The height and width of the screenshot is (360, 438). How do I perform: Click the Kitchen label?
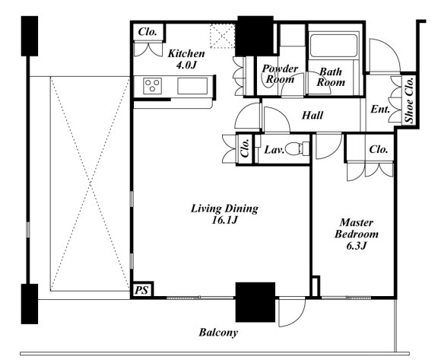point(186,53)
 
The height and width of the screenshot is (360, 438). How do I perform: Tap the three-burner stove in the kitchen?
point(152,86)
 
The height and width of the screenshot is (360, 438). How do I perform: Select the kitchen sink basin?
point(192,86)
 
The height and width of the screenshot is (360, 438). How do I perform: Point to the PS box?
point(141,290)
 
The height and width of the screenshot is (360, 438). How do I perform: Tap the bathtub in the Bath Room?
point(334,45)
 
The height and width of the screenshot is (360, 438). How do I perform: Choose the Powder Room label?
point(280,74)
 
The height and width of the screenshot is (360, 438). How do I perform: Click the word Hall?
point(313,115)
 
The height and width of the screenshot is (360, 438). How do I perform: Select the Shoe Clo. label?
point(410,100)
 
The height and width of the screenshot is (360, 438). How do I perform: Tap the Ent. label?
point(380,109)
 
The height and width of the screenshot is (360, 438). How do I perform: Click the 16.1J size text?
point(224,220)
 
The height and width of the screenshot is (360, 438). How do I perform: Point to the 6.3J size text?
point(357,246)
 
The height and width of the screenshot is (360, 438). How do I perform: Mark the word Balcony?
point(218,333)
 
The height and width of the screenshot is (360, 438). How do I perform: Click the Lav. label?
point(275,150)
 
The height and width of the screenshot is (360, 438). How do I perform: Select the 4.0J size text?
point(186,65)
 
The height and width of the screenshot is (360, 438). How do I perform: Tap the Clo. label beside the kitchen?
point(148,31)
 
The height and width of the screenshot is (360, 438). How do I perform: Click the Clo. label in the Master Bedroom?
point(379,149)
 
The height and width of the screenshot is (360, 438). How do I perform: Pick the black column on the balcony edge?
point(255,302)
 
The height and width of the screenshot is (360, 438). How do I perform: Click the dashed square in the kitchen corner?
point(222,36)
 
